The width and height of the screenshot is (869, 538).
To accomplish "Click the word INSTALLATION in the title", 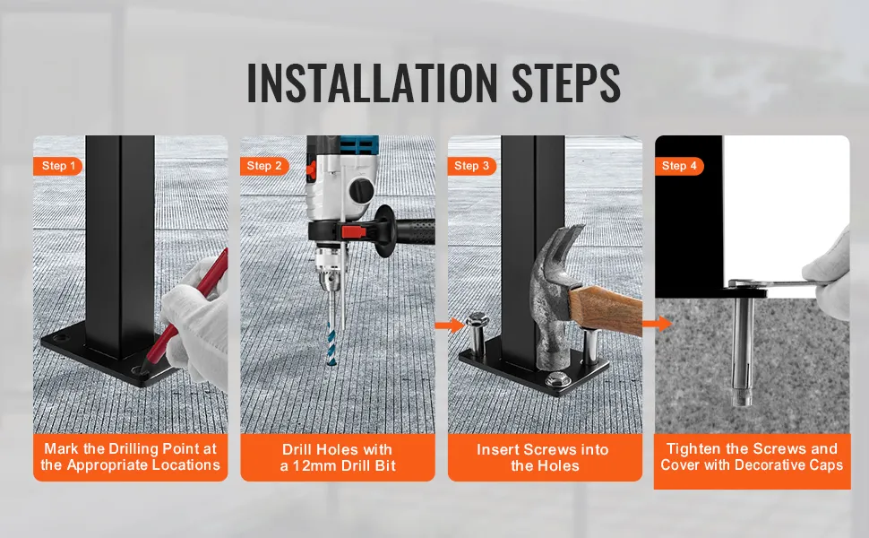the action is [x=372, y=82].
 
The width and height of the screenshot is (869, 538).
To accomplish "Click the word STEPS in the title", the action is [x=566, y=82].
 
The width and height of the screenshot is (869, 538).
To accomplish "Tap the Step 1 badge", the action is [x=57, y=166].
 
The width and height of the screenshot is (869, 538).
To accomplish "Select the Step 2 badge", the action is [x=264, y=166].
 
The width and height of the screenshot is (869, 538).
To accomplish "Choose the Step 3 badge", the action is [x=471, y=166].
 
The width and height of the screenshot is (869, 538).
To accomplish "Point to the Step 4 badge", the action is [x=679, y=166].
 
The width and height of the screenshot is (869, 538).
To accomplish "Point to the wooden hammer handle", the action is [x=607, y=309].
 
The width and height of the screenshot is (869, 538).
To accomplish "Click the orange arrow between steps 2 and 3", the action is [x=450, y=325].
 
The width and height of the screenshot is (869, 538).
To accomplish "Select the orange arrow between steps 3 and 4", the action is [x=658, y=323].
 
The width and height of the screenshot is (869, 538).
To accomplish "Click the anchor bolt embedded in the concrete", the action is [x=742, y=350].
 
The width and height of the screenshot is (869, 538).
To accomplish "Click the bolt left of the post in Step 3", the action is [x=476, y=334].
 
